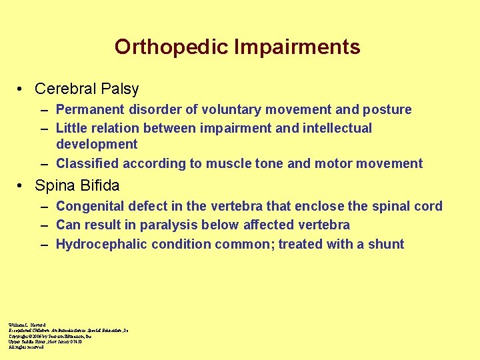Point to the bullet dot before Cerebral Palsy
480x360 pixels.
(x=22, y=89)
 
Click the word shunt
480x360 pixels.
(x=386, y=244)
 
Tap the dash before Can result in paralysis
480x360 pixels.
(x=44, y=226)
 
